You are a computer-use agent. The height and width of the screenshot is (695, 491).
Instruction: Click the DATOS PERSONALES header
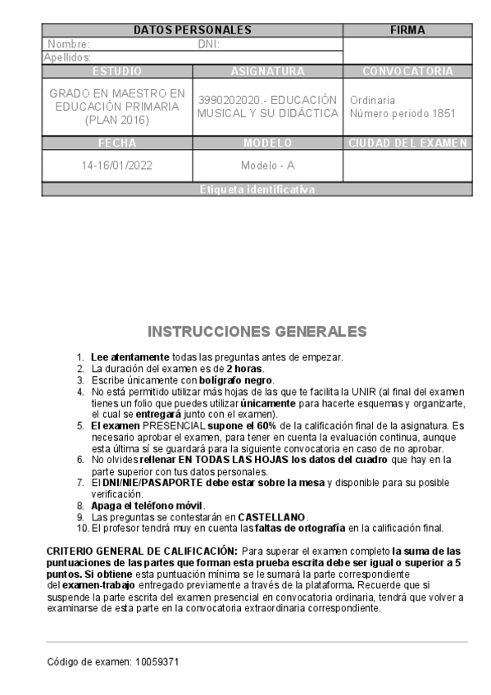[192, 30]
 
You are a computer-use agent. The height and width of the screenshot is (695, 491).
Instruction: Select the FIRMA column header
[407, 30]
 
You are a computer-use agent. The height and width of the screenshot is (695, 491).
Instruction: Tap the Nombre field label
[69, 44]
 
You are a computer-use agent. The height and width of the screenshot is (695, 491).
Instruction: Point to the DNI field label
[209, 44]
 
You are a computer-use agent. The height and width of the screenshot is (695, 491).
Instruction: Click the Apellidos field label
[66, 57]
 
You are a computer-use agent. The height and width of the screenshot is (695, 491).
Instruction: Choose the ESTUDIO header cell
[117, 71]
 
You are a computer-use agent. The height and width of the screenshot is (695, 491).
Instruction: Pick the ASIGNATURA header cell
[268, 71]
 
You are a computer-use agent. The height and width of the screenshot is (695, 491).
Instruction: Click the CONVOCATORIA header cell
[407, 71]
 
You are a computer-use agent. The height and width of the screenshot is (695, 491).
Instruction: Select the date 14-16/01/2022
[117, 165]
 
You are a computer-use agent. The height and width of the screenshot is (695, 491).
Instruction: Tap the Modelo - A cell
[268, 165]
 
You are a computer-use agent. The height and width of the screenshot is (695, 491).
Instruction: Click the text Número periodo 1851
[402, 114]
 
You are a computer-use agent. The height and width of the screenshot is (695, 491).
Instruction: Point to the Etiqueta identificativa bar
[257, 189]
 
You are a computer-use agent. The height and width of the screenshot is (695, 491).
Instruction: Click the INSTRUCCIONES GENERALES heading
[257, 332]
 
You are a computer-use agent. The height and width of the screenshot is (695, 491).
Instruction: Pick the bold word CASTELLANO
[273, 517]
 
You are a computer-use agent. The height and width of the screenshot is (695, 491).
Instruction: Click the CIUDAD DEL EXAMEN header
[407, 143]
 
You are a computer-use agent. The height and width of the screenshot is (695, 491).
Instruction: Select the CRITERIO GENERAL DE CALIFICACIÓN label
[143, 552]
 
